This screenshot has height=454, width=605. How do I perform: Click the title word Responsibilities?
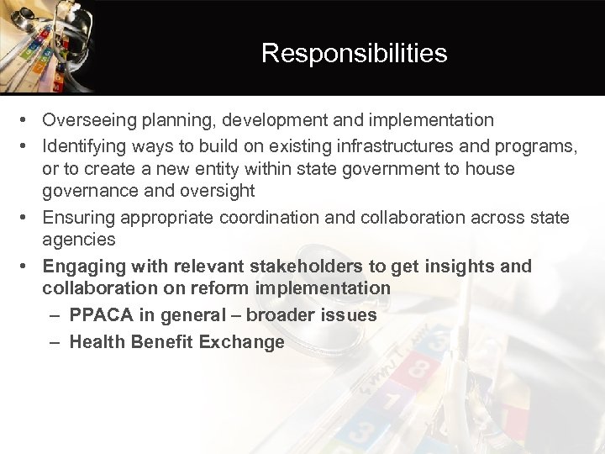[x=354, y=54]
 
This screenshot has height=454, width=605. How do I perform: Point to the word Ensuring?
[x=78, y=217]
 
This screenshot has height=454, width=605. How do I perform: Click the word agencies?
[x=79, y=240]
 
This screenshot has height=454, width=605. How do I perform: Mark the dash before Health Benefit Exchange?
[x=53, y=342]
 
